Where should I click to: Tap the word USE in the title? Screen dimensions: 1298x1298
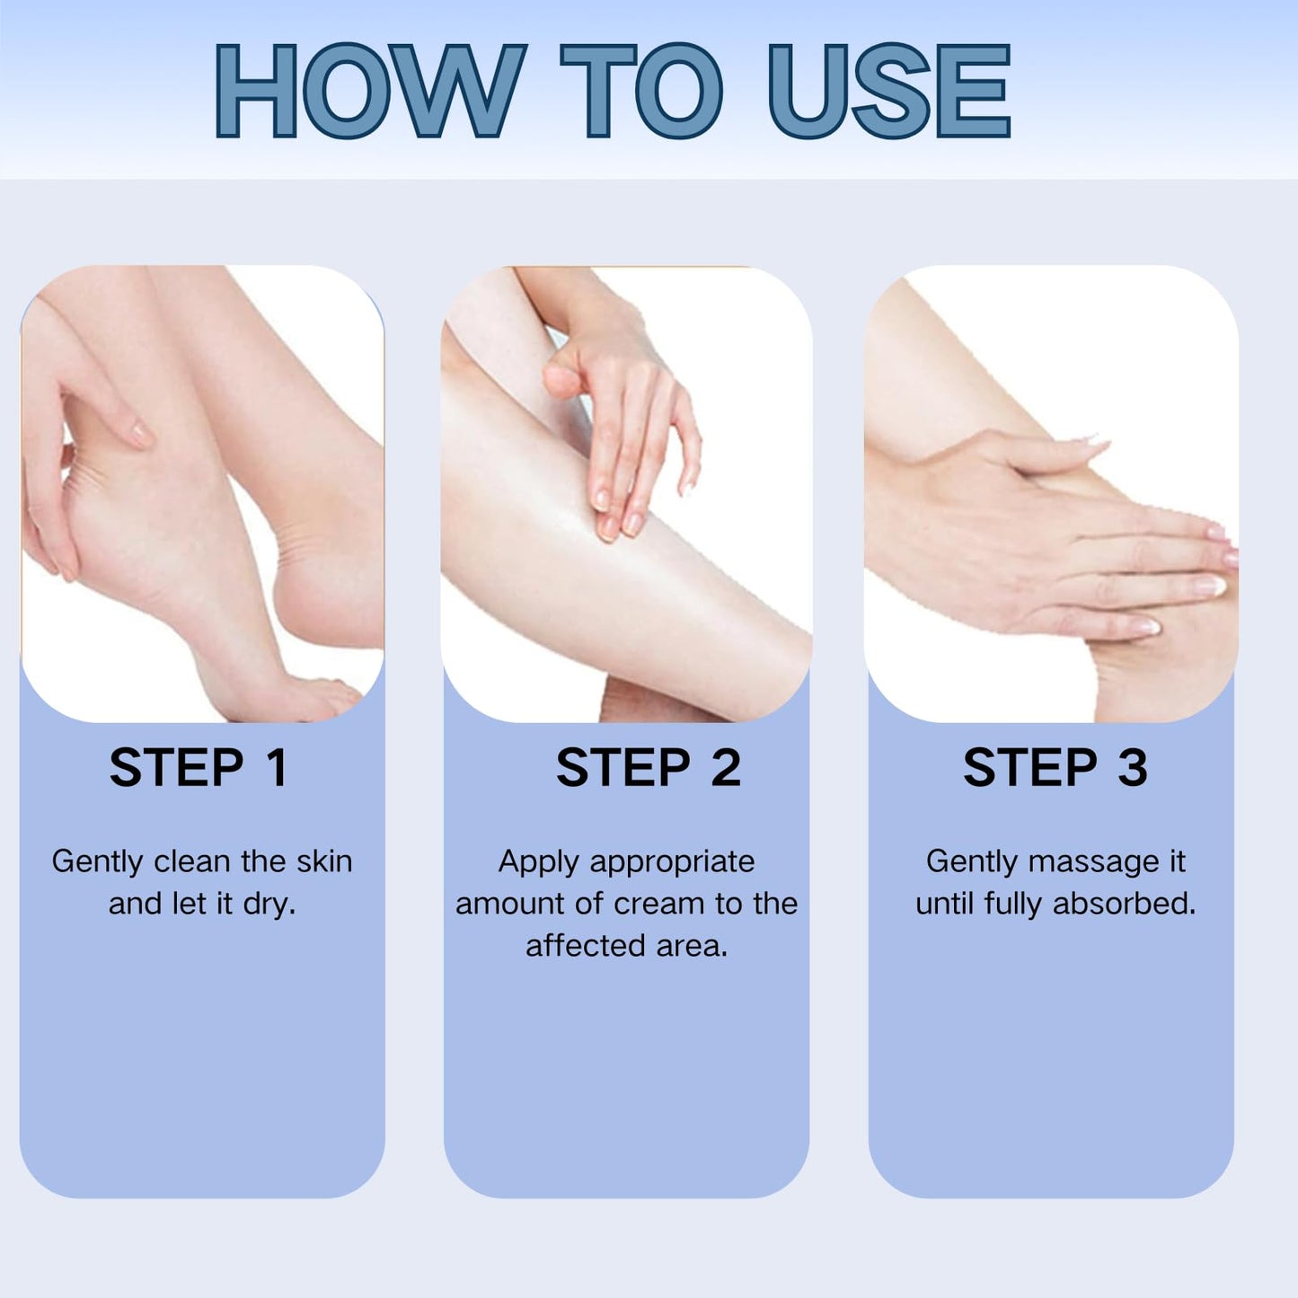click(x=889, y=92)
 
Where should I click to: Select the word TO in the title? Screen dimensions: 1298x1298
click(x=641, y=92)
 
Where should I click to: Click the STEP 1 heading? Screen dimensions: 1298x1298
click(x=199, y=768)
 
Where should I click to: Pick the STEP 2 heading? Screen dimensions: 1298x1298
click(x=649, y=768)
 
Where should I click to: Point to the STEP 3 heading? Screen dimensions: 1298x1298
click(x=1055, y=768)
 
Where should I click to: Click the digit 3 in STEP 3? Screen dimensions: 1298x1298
click(x=1133, y=768)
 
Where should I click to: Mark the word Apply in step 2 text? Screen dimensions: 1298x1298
click(x=539, y=861)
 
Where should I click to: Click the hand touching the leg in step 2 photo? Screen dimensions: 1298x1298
click(x=620, y=422)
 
